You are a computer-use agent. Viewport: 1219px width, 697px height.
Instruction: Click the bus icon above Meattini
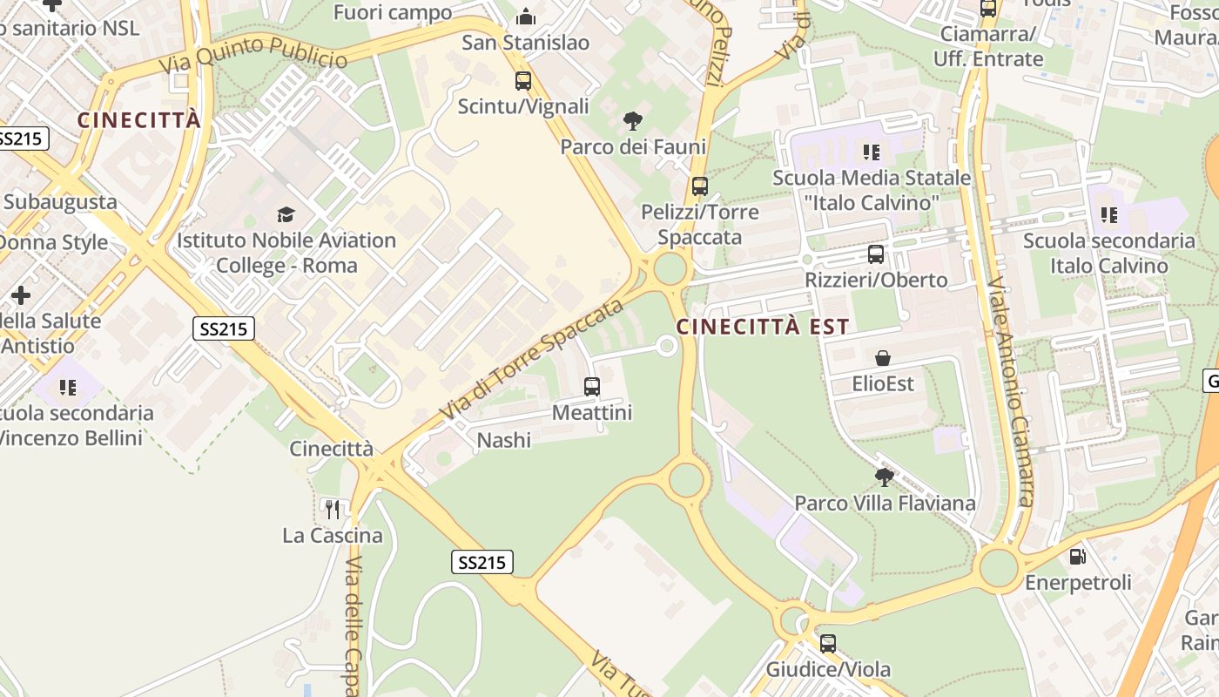click(592, 386)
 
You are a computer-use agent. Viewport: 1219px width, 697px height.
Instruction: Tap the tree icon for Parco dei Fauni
click(633, 121)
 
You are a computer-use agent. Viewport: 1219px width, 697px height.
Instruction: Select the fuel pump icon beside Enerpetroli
click(1078, 556)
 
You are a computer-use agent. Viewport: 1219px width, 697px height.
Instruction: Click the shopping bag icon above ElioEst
click(883, 358)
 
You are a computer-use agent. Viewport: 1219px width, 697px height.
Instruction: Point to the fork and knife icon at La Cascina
click(332, 509)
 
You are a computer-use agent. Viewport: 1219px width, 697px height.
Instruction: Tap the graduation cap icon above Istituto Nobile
click(286, 214)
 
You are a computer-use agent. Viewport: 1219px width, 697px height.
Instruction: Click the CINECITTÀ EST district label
click(762, 327)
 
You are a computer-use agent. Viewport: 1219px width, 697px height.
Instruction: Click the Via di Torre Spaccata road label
click(532, 358)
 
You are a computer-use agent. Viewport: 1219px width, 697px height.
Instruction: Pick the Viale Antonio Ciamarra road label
click(1010, 392)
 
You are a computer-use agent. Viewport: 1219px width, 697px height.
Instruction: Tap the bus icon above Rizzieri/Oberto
click(876, 254)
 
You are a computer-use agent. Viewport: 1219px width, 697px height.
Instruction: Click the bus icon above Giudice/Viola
click(828, 644)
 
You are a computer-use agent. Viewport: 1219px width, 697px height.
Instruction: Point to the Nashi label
click(503, 441)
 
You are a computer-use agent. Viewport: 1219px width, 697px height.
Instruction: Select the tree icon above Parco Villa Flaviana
click(885, 477)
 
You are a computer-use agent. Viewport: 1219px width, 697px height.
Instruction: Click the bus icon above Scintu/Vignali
click(523, 81)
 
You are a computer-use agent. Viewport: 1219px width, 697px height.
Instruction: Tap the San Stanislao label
click(525, 43)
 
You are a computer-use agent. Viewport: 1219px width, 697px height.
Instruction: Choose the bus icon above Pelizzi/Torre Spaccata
click(700, 186)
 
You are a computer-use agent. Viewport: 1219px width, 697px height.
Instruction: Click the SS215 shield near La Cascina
click(482, 562)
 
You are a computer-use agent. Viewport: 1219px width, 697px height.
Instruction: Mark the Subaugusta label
click(59, 201)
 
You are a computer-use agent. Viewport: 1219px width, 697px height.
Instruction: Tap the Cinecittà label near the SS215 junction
click(331, 449)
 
